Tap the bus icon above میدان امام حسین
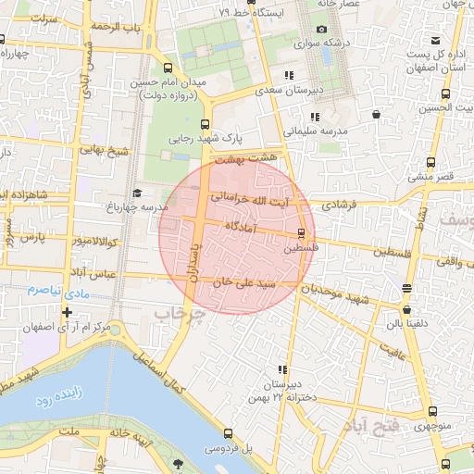168,68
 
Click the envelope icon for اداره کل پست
438,41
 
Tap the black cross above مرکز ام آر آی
67,312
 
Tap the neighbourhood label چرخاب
176,316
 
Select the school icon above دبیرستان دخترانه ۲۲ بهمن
281,369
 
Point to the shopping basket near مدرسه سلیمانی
376,114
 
